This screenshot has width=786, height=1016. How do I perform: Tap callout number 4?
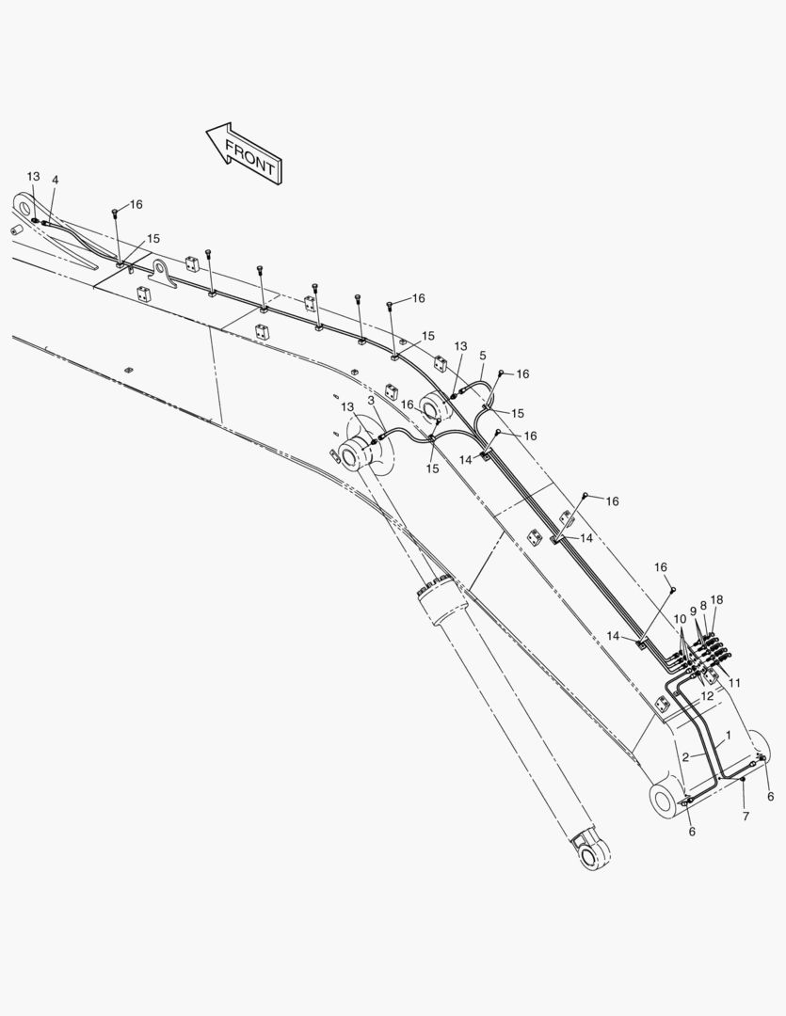pyautogui.click(x=56, y=180)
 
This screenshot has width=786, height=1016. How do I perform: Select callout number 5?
pyautogui.click(x=483, y=356)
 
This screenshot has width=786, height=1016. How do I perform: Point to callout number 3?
pyautogui.click(x=371, y=401)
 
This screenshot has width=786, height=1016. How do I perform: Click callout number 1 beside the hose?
pyautogui.click(x=729, y=736)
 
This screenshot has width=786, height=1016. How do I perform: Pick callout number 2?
pyautogui.click(x=685, y=756)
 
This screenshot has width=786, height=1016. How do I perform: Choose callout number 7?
pyautogui.click(x=746, y=817)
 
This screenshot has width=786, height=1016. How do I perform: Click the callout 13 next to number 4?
pyautogui.click(x=33, y=176)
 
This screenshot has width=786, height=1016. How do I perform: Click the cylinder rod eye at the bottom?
pyautogui.click(x=591, y=853)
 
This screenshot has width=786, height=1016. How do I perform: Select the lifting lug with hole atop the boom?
pyautogui.click(x=164, y=272)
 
